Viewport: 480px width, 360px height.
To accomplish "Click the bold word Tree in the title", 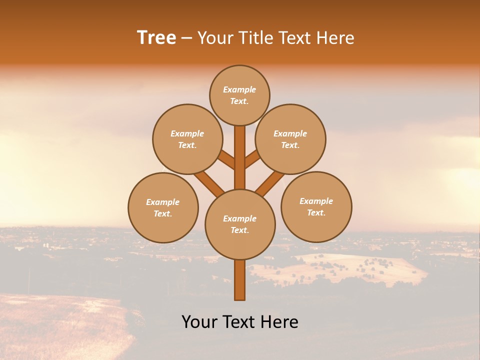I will click(x=156, y=38).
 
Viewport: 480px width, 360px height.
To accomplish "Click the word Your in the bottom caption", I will click(x=200, y=322).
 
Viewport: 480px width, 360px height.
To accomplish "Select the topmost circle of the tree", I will click(x=239, y=95).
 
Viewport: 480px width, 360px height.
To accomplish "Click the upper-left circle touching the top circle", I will click(x=187, y=139).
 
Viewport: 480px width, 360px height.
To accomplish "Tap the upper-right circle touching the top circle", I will click(x=290, y=139).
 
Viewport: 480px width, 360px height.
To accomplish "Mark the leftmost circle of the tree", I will click(x=163, y=207).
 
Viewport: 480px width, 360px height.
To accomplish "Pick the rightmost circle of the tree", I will click(x=316, y=206).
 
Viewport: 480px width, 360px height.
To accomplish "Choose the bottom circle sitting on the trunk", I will click(x=240, y=224).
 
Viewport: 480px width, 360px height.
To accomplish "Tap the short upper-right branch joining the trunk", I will click(x=252, y=159).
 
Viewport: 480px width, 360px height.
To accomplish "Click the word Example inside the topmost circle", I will click(x=239, y=89).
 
